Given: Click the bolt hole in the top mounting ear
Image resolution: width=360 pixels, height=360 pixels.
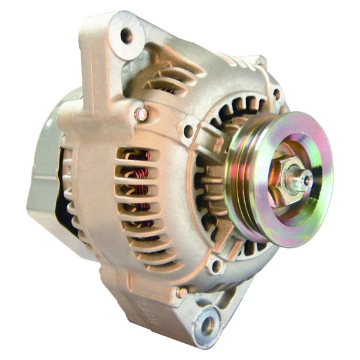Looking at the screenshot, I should point(126,34).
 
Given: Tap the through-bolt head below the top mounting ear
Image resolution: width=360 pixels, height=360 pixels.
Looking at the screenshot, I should point(142,114).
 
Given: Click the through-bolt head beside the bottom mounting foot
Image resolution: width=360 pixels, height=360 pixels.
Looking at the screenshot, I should point(182,291).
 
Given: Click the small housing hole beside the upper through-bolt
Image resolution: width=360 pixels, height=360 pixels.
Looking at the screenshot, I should point(186,131).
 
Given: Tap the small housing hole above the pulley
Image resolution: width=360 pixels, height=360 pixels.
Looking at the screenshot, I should point(276,94).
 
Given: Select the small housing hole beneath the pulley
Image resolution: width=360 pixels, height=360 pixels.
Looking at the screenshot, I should point(216,267).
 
